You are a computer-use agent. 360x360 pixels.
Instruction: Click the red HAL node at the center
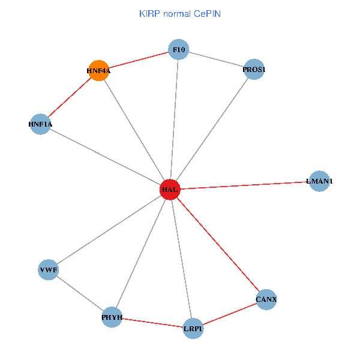170,190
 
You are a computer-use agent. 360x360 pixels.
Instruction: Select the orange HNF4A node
98,70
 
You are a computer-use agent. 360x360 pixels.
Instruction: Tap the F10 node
178,49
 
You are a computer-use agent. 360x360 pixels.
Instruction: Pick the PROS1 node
254,70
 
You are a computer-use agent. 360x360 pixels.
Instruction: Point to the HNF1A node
40,124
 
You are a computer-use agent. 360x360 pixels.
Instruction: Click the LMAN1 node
319,181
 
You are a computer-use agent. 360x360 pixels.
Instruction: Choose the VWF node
48,270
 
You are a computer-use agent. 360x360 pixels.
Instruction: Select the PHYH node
112,317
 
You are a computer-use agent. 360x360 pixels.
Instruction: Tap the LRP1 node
193,328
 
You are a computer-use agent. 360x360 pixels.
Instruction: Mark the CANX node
266,299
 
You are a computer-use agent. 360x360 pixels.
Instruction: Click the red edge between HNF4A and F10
138,60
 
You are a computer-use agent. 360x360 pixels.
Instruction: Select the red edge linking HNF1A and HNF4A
69,97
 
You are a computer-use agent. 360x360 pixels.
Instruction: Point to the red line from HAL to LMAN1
245,185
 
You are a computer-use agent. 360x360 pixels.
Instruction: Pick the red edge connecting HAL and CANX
218,244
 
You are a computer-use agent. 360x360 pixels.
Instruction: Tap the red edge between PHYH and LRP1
152,322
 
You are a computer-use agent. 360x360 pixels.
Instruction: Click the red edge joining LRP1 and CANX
229,314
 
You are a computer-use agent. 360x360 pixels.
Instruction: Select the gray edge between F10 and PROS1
216,59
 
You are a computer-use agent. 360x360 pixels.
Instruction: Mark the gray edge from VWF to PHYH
80,293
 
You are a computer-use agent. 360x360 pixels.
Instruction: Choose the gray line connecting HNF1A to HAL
105,157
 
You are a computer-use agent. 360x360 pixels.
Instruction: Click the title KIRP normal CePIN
179,13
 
